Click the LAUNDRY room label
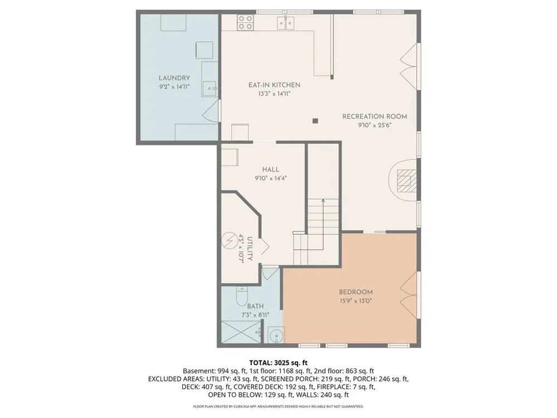(x=174, y=78)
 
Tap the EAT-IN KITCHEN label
(x=274, y=85)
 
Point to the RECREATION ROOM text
(x=374, y=116)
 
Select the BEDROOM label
(x=355, y=292)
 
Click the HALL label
(x=271, y=169)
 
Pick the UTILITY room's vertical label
(x=250, y=249)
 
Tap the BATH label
(x=256, y=306)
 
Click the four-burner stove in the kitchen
(x=245, y=22)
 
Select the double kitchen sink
(x=286, y=23)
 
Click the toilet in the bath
(x=242, y=297)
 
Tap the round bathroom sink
(x=276, y=336)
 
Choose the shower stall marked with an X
(x=241, y=332)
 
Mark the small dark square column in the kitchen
(x=315, y=121)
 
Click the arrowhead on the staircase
(x=323, y=201)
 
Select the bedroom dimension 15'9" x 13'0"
(x=355, y=301)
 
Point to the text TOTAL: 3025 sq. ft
(x=278, y=363)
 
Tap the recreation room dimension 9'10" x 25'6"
(x=374, y=125)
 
